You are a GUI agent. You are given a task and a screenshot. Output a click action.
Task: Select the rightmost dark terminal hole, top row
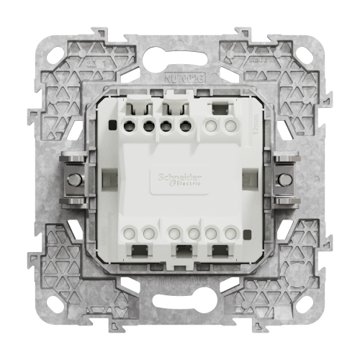[184, 126]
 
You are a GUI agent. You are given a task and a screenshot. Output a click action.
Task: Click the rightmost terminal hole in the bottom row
[230, 233]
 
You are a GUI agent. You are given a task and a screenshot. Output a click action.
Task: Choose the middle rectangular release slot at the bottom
[182, 250]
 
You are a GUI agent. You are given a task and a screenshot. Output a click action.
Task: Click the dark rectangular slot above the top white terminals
[220, 110]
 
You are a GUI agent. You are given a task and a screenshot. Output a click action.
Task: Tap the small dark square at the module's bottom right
[247, 233]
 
